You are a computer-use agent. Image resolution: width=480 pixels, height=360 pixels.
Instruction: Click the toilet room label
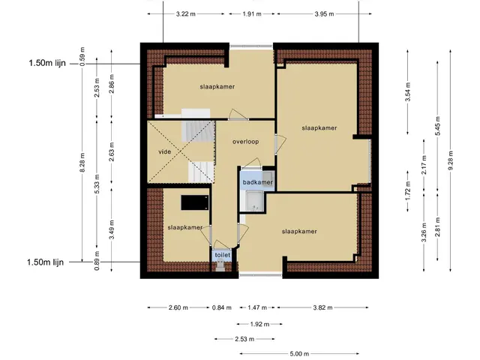[x=223, y=255]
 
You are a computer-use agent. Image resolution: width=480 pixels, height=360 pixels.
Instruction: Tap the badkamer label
[x=257, y=182]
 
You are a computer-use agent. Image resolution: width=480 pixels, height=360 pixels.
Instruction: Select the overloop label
[x=245, y=142]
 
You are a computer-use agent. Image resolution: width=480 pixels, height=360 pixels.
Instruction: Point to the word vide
[x=165, y=151]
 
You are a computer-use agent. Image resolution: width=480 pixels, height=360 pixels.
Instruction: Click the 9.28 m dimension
[x=450, y=160]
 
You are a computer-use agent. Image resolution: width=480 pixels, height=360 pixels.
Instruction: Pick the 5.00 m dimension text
[x=299, y=354]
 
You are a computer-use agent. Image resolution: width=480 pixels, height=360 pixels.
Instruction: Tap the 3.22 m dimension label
[x=186, y=13]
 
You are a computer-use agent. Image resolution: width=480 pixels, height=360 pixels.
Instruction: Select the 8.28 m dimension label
[x=82, y=162]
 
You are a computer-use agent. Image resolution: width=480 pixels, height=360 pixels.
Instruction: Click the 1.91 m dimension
[x=252, y=13]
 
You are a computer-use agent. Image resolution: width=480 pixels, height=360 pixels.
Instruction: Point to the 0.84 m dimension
[x=222, y=307]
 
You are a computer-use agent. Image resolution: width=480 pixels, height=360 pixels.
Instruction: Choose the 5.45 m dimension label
[x=437, y=126]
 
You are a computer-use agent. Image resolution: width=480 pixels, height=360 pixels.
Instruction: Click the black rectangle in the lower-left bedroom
[x=195, y=202]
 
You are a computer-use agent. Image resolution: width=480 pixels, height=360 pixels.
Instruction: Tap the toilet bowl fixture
[x=220, y=265]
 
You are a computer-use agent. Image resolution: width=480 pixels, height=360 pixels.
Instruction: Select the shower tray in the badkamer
[x=254, y=201]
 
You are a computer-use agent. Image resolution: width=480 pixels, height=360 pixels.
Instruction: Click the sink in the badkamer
[x=268, y=176]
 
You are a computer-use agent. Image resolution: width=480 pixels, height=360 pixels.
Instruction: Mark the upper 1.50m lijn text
[x=47, y=63]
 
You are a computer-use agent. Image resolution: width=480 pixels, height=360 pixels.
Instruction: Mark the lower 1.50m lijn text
[x=45, y=262]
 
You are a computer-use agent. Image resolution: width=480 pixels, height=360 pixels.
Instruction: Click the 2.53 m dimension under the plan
[x=244, y=339]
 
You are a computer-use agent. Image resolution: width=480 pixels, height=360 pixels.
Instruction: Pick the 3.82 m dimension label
[x=322, y=307]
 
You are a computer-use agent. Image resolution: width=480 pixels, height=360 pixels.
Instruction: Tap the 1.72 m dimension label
[x=407, y=190]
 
